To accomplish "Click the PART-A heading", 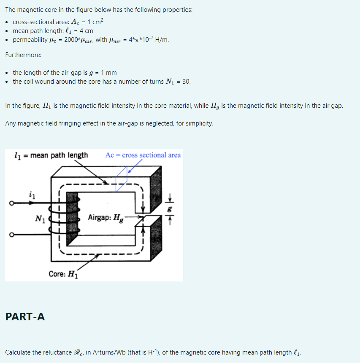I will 25,316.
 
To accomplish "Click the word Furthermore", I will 23,55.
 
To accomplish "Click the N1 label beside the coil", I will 41,219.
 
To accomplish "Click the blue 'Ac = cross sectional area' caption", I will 143,155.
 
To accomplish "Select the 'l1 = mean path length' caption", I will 51,155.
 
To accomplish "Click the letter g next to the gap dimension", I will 170,209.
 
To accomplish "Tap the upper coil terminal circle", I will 13,204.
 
